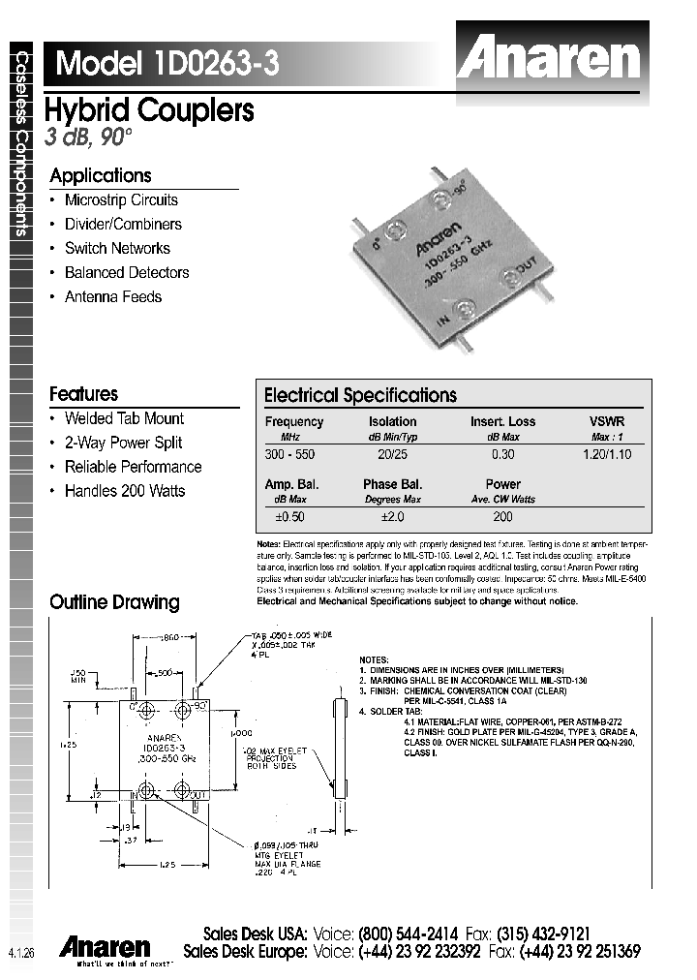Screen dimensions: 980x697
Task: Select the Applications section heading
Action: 101,175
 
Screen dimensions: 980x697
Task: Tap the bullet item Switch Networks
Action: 117,248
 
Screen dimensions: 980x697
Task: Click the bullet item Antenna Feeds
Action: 112,296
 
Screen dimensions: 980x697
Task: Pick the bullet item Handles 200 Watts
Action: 124,491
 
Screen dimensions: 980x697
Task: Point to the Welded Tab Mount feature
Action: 123,418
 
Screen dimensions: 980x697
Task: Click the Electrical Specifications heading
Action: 360,395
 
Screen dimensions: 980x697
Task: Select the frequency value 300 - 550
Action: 289,453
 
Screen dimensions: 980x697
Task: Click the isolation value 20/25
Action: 392,453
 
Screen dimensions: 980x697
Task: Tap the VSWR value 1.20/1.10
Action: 607,453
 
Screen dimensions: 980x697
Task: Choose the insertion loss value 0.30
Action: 502,453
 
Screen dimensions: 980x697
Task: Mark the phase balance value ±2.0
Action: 392,517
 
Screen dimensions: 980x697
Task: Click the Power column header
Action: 502,484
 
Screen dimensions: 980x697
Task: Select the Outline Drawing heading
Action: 114,602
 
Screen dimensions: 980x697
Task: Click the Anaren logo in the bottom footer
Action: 105,946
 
